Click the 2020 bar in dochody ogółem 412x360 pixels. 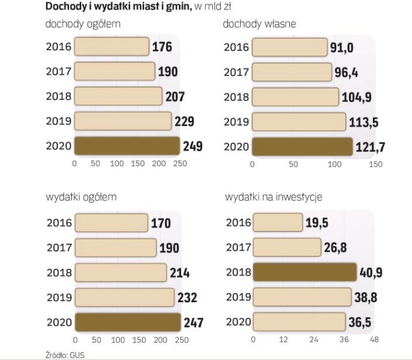(127, 146)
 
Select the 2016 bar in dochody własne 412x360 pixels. (289, 47)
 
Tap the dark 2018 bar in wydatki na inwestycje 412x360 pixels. (304, 272)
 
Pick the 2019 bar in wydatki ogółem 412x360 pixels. (124, 297)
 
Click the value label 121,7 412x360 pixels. (371, 147)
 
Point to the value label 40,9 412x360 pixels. (371, 273)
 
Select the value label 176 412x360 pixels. (162, 47)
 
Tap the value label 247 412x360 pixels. (193, 322)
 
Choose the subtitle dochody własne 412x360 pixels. (259, 25)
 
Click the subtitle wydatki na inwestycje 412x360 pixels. (273, 197)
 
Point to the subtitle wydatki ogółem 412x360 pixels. (81, 197)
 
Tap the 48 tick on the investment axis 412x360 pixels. (375, 340)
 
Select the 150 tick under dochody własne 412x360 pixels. (375, 164)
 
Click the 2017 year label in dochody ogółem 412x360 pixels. (58, 72)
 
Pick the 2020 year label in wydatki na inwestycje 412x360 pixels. (238, 321)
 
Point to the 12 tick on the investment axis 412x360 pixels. (283, 340)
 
